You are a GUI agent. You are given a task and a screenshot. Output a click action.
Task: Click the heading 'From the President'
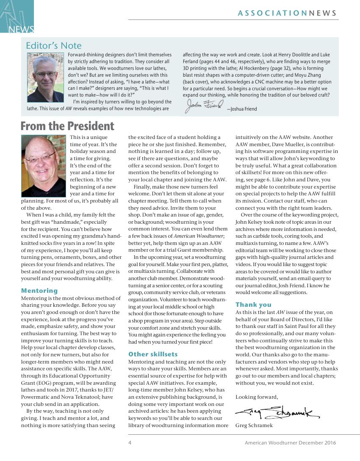pos(67,126)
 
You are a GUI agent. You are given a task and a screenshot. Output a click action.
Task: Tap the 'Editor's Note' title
pos(54,45)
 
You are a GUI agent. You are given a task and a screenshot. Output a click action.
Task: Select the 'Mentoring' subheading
pos(39,291)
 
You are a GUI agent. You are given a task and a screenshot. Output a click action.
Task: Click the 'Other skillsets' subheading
pos(153,354)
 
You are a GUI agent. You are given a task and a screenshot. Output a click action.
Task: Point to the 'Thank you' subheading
pos(253,305)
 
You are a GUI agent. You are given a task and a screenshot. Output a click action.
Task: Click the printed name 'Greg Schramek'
pos(255,425)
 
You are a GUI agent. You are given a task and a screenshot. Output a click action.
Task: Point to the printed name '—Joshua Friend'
pos(242,109)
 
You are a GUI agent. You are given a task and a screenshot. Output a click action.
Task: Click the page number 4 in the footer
pos(130,443)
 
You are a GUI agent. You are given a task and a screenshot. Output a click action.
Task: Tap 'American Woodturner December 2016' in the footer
pos(290,443)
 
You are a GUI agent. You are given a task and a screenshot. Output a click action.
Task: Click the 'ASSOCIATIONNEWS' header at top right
pos(288,13)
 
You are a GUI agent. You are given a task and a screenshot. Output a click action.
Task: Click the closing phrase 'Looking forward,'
pos(257,397)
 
